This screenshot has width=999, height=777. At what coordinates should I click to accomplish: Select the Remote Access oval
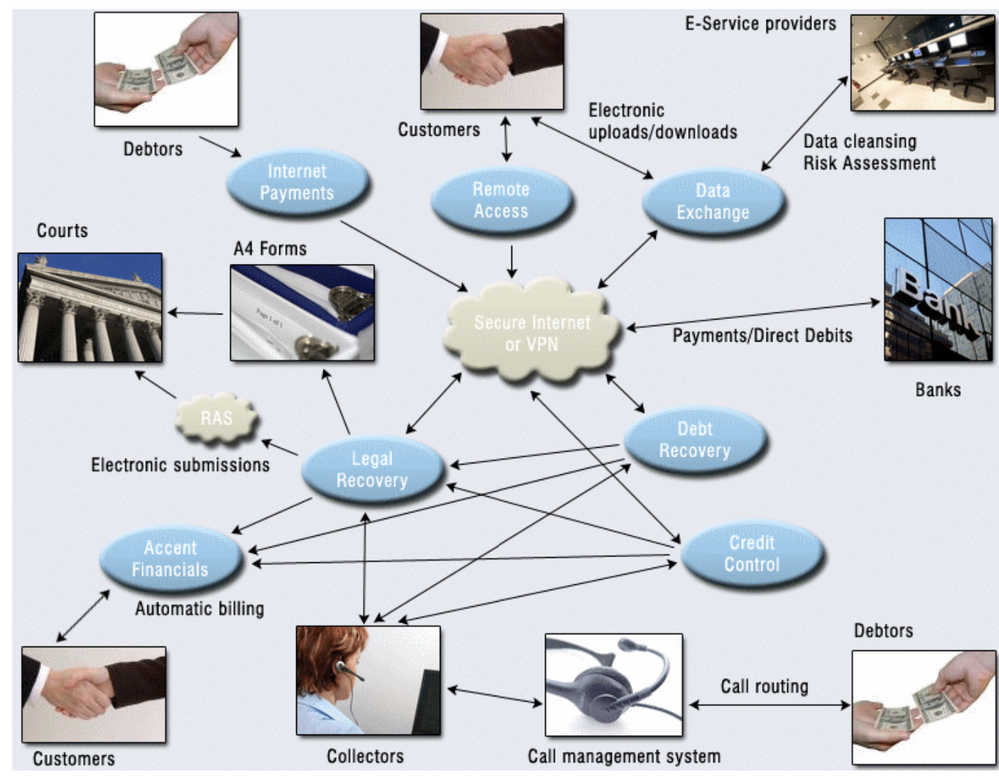(x=500, y=200)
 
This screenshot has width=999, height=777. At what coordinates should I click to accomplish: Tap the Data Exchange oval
(x=712, y=200)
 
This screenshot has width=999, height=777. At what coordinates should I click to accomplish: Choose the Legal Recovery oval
(x=372, y=470)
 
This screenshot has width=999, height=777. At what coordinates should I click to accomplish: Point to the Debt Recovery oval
(x=695, y=439)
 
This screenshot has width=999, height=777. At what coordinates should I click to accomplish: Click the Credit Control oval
(x=752, y=553)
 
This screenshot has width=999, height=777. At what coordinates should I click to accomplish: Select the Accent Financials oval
(x=171, y=559)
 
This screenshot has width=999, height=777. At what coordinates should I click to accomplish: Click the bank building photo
(x=937, y=289)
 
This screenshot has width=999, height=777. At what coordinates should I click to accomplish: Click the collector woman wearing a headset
(x=368, y=680)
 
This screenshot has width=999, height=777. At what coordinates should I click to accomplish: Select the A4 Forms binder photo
(x=302, y=312)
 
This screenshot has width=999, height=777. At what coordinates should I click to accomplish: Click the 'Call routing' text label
(x=764, y=687)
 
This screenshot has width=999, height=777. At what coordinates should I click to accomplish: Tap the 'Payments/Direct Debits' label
(x=762, y=335)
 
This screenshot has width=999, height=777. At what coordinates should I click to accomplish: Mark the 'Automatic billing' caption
(x=200, y=607)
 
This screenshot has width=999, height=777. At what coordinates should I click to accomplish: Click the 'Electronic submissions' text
(x=180, y=465)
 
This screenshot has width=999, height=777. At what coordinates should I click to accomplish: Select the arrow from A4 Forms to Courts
(x=197, y=314)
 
